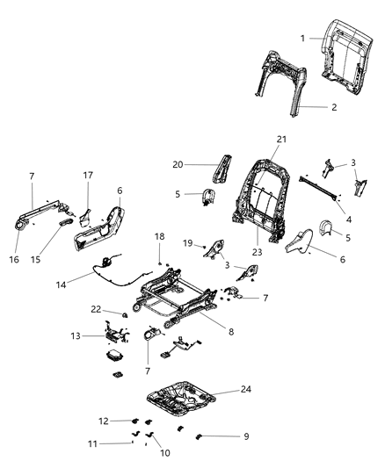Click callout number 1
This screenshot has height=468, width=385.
tap(302, 38)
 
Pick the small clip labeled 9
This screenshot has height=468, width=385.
tap(198, 436)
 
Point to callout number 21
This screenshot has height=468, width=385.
tap(281, 140)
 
